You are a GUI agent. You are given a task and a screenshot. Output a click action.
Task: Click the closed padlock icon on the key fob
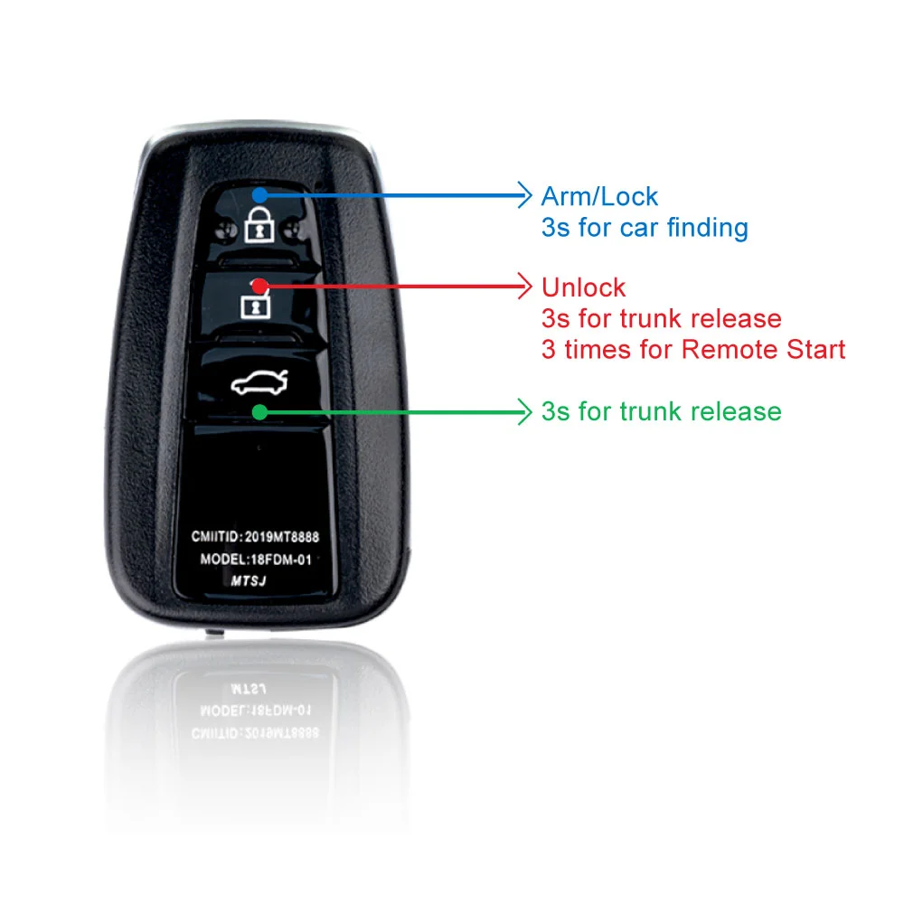(x=259, y=225)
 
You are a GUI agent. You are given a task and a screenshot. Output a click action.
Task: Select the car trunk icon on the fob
(x=259, y=382)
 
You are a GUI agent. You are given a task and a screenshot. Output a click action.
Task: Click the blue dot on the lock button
(x=260, y=195)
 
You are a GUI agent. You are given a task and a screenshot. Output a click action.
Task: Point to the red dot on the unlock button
(x=260, y=286)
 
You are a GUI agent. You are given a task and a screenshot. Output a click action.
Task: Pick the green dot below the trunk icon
(x=260, y=412)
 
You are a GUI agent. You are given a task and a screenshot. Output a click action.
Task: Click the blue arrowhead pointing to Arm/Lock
(x=523, y=195)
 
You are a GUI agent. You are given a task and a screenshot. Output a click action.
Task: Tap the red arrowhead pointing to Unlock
(x=523, y=286)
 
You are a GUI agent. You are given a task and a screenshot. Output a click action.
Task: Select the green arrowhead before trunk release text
(x=523, y=412)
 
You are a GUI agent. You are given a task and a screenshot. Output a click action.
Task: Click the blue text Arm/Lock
(x=599, y=196)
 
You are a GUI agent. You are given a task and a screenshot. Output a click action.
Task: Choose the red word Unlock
(x=583, y=287)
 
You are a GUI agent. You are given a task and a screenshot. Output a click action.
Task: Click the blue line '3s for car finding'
(x=645, y=228)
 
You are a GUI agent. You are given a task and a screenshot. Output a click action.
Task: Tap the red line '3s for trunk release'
(x=662, y=318)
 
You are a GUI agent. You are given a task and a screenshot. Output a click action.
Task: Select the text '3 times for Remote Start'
(x=693, y=349)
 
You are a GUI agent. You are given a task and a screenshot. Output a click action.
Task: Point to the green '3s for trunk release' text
(x=662, y=411)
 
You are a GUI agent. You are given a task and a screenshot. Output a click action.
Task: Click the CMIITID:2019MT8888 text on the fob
(x=255, y=537)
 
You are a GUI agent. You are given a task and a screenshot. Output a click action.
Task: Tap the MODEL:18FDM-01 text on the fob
(x=256, y=560)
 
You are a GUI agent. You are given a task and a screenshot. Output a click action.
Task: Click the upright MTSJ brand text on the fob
(x=249, y=580)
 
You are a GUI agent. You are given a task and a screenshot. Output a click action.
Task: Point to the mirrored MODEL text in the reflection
(x=256, y=711)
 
